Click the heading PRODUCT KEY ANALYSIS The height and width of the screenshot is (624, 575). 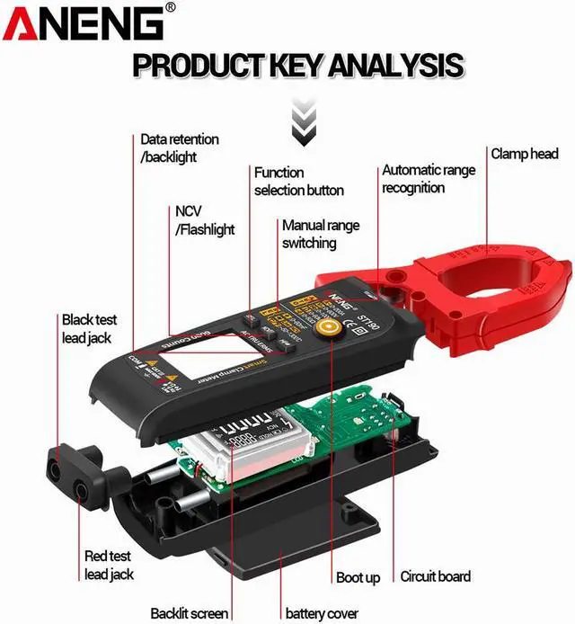tap(297, 65)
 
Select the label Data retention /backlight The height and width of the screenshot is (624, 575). tap(179, 148)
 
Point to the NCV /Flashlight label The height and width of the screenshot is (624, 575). tap(204, 220)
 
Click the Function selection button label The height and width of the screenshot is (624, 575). tap(298, 181)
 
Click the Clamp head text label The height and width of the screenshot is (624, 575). tap(524, 154)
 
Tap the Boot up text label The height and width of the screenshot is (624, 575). tap(358, 577)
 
